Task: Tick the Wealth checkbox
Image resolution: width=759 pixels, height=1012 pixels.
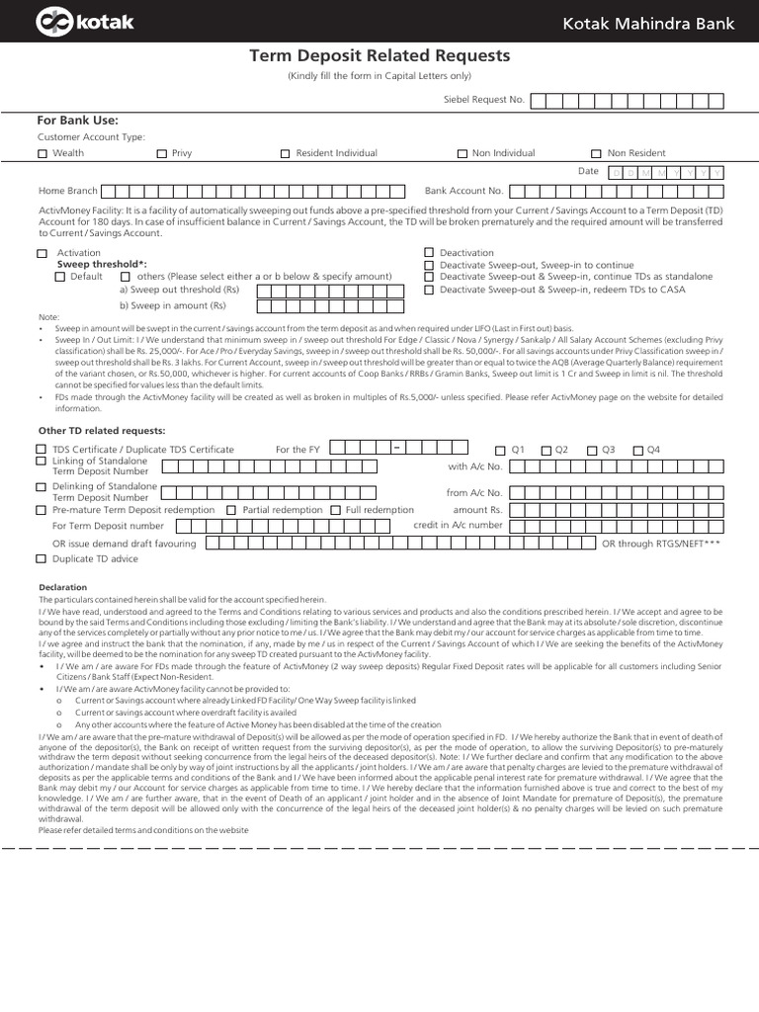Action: coord(42,154)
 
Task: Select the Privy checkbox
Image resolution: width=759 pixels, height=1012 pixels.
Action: coord(162,154)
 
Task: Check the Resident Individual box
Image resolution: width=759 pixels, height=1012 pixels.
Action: coord(286,154)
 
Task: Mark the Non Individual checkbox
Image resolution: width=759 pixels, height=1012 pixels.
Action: coord(462,154)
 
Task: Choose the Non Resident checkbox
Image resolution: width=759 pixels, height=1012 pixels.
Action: coord(596,154)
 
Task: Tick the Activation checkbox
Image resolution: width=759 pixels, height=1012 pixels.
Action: coord(42,254)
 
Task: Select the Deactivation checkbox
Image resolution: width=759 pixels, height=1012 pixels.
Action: coord(429,254)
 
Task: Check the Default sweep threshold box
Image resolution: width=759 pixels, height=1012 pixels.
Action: coord(60,278)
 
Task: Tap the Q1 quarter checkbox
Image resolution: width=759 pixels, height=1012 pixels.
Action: coord(499,451)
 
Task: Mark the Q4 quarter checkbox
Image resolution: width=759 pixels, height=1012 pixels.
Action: coord(638,451)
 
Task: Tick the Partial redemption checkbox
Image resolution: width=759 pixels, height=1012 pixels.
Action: coord(231,510)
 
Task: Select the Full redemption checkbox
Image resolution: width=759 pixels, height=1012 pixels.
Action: coord(335,510)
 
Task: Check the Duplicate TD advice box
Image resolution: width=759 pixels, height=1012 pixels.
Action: coord(42,559)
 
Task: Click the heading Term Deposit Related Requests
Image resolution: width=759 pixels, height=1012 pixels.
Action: coord(379,56)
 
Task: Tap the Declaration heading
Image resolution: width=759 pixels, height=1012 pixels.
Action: coord(63,588)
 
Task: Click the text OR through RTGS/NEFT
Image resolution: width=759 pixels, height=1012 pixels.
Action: coord(660,544)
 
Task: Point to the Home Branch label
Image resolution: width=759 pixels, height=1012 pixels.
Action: coord(67,191)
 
